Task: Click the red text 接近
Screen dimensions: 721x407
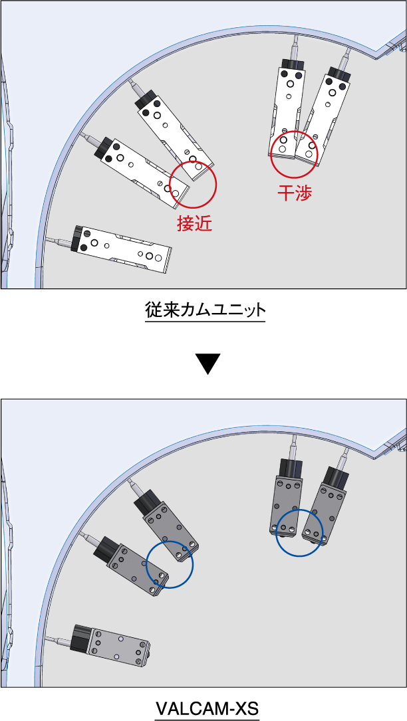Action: pyautogui.click(x=194, y=223)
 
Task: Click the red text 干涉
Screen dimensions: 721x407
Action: pyautogui.click(x=295, y=193)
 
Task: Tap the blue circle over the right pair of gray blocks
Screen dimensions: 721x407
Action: pyautogui.click(x=299, y=533)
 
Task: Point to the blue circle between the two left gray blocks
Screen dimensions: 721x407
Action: pyautogui.click(x=170, y=564)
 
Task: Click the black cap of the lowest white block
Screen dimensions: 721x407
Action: pyautogui.click(x=80, y=239)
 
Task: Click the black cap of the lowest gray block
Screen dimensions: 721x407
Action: pyautogui.click(x=83, y=639)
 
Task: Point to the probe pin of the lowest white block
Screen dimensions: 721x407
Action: pyautogui.click(x=60, y=241)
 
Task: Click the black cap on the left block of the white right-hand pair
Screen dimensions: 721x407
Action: pyautogui.click(x=293, y=64)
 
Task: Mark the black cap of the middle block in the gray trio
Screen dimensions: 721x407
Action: pyautogui.click(x=106, y=549)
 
